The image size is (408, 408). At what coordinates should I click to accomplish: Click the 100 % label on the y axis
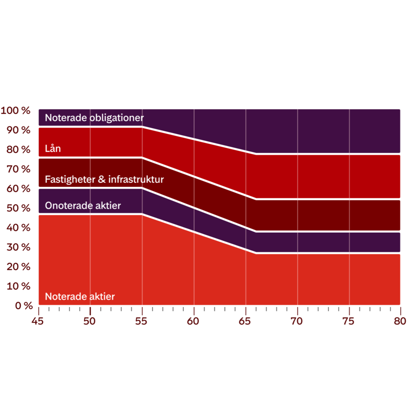click(x=16, y=111)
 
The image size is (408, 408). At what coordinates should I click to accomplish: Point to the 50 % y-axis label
click(x=18, y=208)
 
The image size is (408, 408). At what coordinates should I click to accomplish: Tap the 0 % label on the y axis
click(x=24, y=306)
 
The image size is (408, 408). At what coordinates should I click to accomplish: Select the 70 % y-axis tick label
click(x=18, y=169)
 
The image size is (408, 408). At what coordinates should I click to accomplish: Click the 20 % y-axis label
click(x=18, y=267)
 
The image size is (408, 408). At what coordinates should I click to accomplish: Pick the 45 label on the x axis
click(x=37, y=321)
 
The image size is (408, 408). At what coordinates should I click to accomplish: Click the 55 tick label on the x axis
click(x=141, y=321)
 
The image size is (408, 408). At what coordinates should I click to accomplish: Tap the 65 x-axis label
click(x=245, y=321)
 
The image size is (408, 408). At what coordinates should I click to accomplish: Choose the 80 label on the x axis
click(x=400, y=321)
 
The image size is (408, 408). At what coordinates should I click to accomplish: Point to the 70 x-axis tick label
click(x=297, y=321)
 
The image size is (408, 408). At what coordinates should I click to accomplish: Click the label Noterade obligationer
click(x=94, y=118)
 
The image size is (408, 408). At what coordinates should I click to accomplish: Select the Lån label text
click(x=53, y=148)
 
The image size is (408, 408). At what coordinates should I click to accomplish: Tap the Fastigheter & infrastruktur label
click(x=104, y=179)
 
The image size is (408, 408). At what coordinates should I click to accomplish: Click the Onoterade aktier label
click(x=83, y=206)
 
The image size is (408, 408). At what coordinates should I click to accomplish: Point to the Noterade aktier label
click(x=80, y=297)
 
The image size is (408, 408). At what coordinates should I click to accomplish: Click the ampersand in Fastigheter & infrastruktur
click(x=102, y=179)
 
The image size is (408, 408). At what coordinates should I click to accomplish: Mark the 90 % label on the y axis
click(x=18, y=130)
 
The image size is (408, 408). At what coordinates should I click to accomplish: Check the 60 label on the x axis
click(x=193, y=321)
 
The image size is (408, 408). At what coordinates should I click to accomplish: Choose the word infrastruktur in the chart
click(x=136, y=179)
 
